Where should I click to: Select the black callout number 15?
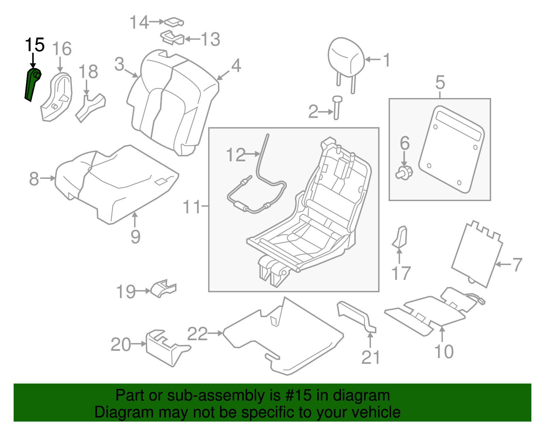(x=35, y=45)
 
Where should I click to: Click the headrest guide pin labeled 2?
(x=337, y=108)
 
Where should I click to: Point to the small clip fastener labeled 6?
(x=404, y=173)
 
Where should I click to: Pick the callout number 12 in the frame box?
(x=236, y=155)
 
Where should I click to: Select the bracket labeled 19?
(x=163, y=289)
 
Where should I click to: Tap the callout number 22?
(x=198, y=333)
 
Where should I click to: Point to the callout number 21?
(x=371, y=357)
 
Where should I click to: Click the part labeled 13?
(x=172, y=38)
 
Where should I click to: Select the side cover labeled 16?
(x=57, y=97)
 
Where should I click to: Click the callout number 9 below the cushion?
(x=136, y=237)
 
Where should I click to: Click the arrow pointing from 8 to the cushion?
(x=48, y=178)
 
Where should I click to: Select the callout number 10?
(x=444, y=352)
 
